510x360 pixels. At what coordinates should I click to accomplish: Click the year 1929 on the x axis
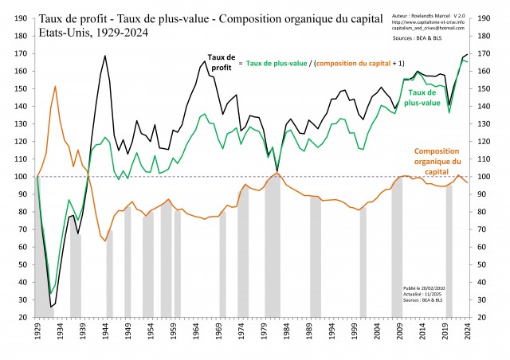[x=37, y=329]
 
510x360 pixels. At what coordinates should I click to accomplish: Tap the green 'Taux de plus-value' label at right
[x=430, y=97]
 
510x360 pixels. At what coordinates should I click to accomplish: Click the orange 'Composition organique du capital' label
[x=437, y=159]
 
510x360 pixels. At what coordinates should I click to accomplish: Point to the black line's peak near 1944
[x=105, y=56]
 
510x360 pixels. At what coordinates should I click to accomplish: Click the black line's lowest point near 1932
[x=51, y=307]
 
